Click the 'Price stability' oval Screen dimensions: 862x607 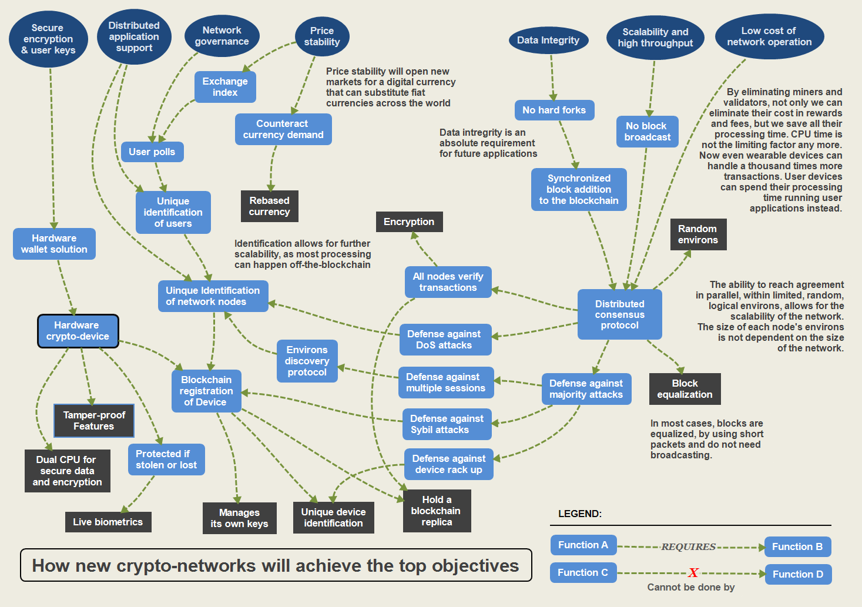click(321, 36)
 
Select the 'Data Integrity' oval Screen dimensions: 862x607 click(548, 41)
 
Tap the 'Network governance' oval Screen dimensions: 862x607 click(222, 36)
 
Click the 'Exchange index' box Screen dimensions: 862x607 click(225, 87)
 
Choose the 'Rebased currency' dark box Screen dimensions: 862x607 click(269, 206)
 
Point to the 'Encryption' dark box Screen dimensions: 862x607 click(409, 222)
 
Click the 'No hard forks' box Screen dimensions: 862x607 click(554, 110)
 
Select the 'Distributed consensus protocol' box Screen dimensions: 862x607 click(619, 314)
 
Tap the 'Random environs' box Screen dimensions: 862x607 click(697, 234)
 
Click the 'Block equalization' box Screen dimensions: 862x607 click(685, 389)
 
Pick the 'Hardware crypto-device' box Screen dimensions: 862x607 click(78, 331)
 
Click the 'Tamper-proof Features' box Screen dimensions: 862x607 click(94, 421)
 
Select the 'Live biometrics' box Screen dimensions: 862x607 click(108, 522)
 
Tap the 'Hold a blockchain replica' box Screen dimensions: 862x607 click(436, 511)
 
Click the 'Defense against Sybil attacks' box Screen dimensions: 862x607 click(447, 424)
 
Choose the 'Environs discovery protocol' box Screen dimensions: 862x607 click(307, 361)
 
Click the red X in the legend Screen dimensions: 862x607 click(693, 573)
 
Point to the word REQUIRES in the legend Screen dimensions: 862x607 click(688, 547)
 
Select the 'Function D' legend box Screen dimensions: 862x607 click(797, 574)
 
